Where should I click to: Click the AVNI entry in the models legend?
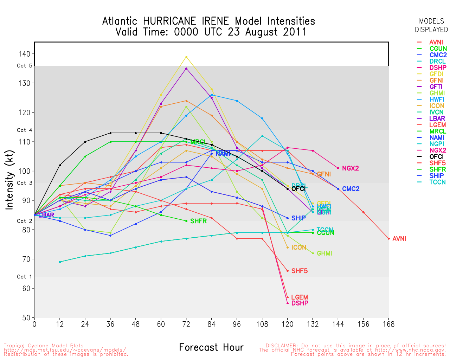point(436,42)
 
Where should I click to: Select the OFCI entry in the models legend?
point(436,157)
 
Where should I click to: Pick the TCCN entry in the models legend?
point(437,182)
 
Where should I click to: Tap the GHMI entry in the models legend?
point(437,93)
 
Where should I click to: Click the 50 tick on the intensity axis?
point(26,318)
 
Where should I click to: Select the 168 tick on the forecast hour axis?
point(389,324)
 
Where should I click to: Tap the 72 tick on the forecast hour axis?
point(186,324)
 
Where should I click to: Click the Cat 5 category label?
point(24,66)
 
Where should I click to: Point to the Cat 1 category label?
point(24,277)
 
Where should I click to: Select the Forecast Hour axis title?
point(211,347)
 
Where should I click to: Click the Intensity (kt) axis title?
point(9,181)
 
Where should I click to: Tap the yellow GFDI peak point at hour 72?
point(186,57)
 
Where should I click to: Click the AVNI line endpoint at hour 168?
point(389,239)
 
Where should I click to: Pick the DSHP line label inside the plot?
point(300,303)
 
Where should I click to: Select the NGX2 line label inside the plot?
point(350,168)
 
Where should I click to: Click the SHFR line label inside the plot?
point(198,221)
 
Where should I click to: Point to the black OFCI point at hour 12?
point(60,165)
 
